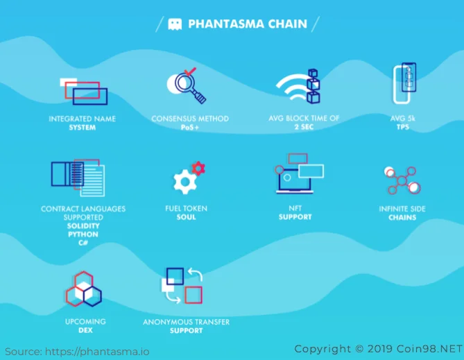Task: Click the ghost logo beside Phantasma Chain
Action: coord(175,24)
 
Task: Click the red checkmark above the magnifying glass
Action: coord(190,71)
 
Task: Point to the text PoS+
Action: coord(189,128)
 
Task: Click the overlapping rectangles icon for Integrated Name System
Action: coord(84,91)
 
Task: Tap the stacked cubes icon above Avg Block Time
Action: coord(313,86)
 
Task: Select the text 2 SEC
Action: coord(304,127)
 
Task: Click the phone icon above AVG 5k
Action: coord(404,83)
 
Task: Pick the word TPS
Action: coord(403,127)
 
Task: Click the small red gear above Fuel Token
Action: coord(198,168)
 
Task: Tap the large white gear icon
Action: coord(185,182)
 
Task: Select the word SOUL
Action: coord(186,217)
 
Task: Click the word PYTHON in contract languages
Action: coord(83,234)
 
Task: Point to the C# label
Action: coord(83,243)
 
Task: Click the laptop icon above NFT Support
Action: coord(295,181)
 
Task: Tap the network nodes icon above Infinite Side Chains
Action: coord(402,180)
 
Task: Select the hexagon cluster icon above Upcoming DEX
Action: coord(84,289)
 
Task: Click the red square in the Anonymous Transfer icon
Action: coord(194,295)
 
